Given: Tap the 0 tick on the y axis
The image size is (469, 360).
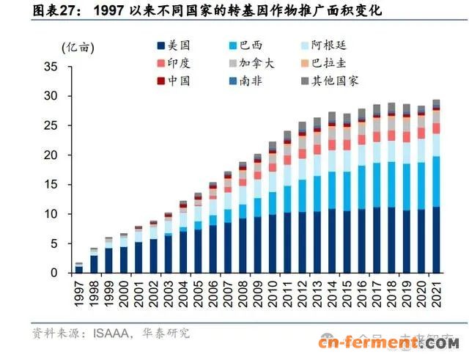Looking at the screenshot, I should [53, 273].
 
